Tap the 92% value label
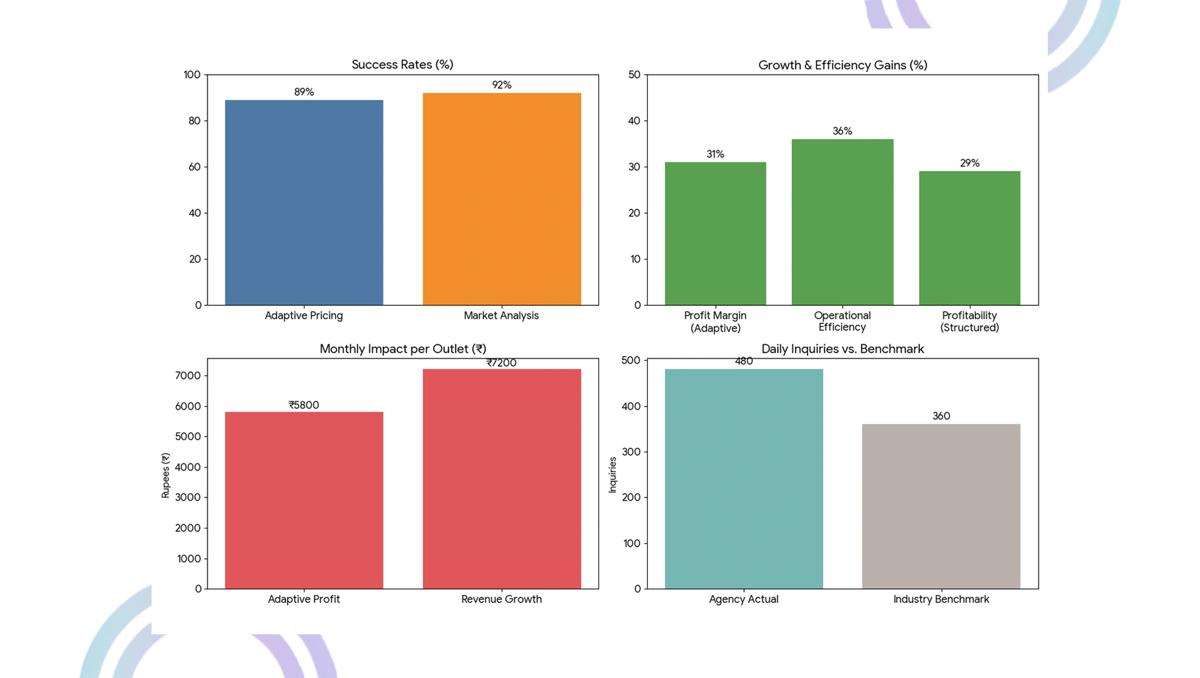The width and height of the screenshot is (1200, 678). pyautogui.click(x=502, y=85)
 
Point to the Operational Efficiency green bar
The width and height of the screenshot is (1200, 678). pyautogui.click(x=842, y=222)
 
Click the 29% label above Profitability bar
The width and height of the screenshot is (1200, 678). pyautogui.click(x=969, y=163)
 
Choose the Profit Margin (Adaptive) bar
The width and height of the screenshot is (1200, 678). pyautogui.click(x=715, y=233)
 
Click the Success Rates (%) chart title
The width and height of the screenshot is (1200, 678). pyautogui.click(x=402, y=65)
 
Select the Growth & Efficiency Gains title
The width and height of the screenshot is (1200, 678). pyautogui.click(x=842, y=65)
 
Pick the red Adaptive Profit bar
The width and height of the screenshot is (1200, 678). pyautogui.click(x=304, y=500)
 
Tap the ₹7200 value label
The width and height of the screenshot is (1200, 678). pyautogui.click(x=502, y=363)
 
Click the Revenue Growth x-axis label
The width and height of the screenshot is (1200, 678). pyautogui.click(x=502, y=599)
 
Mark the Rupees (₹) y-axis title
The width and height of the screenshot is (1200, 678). pyautogui.click(x=166, y=475)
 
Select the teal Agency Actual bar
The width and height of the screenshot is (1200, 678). pyautogui.click(x=744, y=478)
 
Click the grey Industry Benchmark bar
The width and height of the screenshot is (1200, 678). pyautogui.click(x=941, y=506)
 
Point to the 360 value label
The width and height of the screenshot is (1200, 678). pyautogui.click(x=941, y=416)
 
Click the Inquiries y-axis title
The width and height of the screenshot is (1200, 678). pyautogui.click(x=612, y=475)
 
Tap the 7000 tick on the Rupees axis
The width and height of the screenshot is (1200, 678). pyautogui.click(x=188, y=375)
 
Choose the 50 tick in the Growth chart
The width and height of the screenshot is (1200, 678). pyautogui.click(x=634, y=74)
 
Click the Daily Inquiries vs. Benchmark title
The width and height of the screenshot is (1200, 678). pyautogui.click(x=842, y=349)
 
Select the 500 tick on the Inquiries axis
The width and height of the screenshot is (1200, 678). pyautogui.click(x=631, y=360)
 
